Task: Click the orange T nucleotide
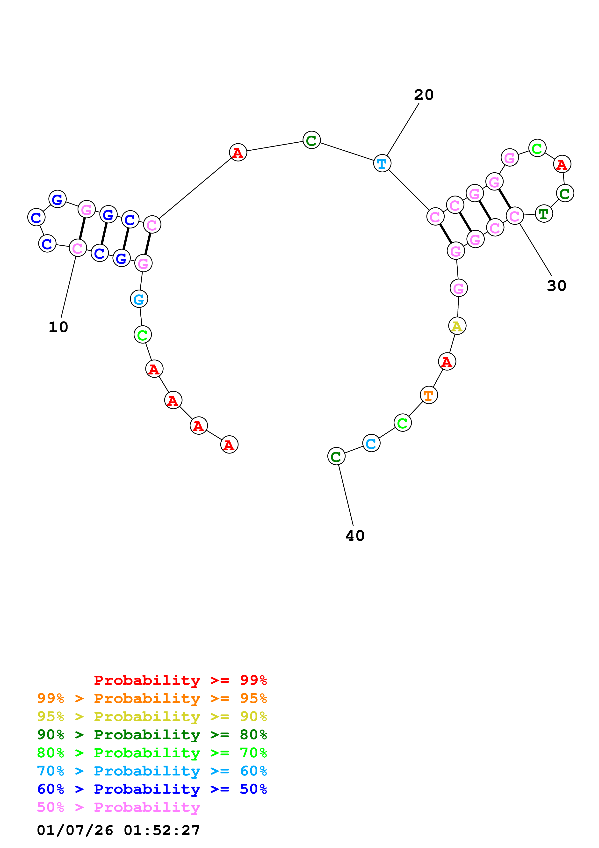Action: coord(428,395)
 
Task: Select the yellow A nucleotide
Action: coord(457,326)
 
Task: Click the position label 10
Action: coord(58,327)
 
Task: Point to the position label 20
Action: coord(424,95)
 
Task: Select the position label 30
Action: coord(556,285)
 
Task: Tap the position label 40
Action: coord(355,535)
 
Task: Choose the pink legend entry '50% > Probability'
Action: coord(118,807)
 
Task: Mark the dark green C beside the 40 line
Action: coord(336,456)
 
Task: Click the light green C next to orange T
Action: coord(402,423)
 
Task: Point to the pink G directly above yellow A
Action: coord(458,288)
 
